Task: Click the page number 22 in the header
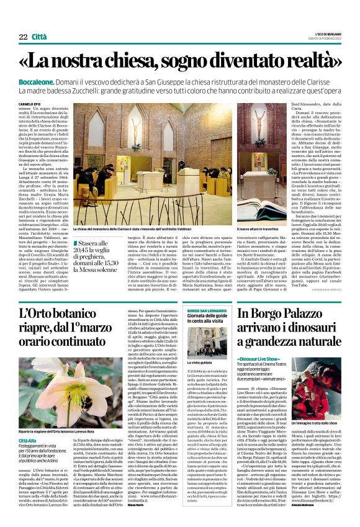(x=22, y=38)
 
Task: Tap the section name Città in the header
(x=39, y=38)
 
